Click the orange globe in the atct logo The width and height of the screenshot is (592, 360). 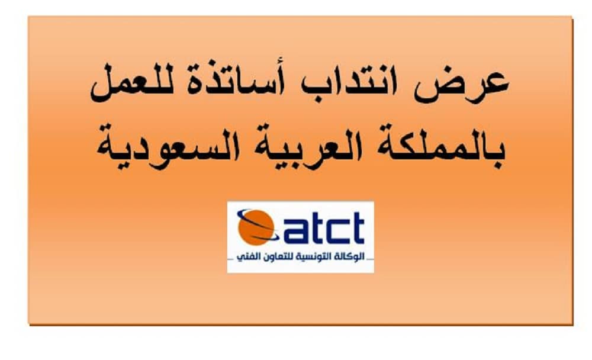256,227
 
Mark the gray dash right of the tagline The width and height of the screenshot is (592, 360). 370,259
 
